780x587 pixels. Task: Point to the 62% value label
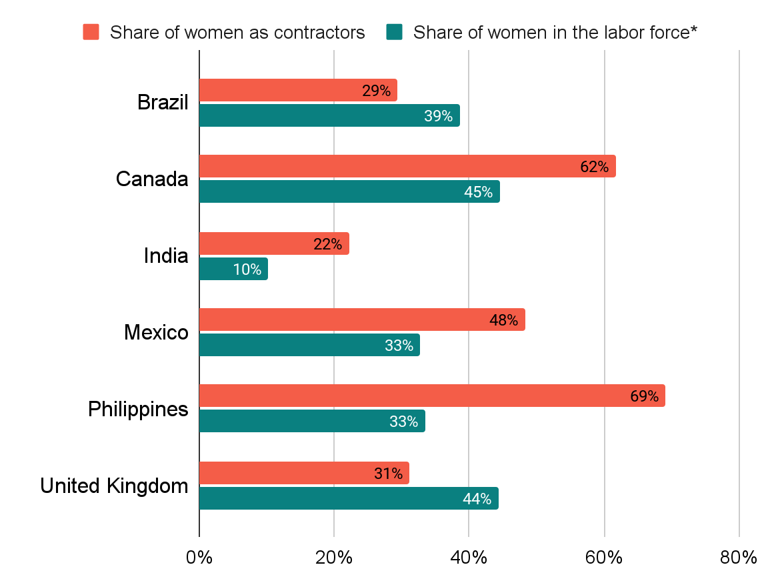(594, 167)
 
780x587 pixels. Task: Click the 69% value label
(644, 396)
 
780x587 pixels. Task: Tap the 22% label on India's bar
(327, 244)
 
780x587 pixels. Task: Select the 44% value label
(477, 498)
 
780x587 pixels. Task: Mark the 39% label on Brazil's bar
(438, 116)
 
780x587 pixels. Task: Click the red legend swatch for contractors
(91, 32)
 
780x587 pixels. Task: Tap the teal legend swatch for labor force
(394, 32)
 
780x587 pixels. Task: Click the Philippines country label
(138, 409)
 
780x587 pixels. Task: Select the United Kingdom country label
(114, 486)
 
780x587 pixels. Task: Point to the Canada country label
(152, 179)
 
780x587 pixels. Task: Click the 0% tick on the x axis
(199, 558)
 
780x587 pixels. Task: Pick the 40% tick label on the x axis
(469, 558)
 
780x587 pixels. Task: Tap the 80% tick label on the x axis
(739, 558)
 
